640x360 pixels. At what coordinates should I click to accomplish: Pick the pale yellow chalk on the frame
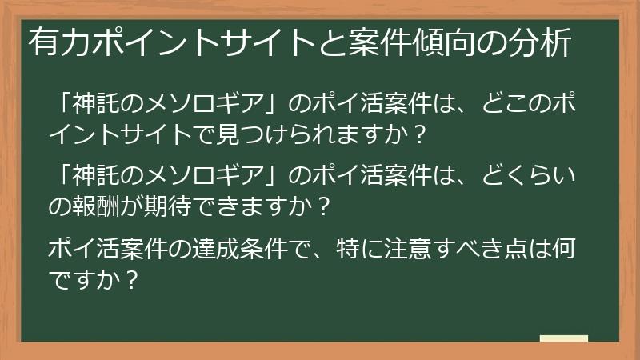(x=563, y=338)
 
